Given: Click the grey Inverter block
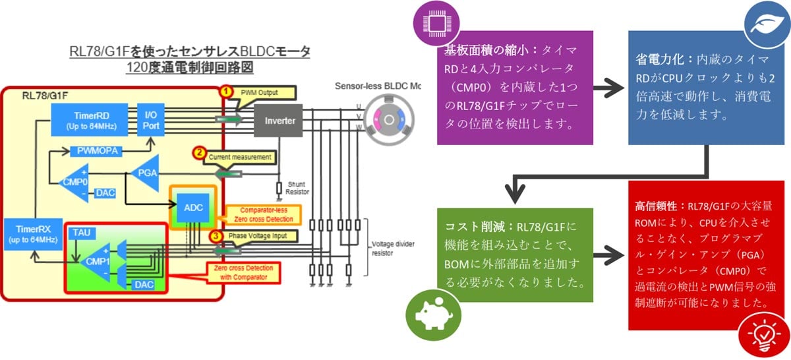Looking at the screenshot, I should (x=279, y=121).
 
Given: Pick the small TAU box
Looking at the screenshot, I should (x=82, y=232).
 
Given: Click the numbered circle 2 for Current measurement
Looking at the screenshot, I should (x=198, y=154).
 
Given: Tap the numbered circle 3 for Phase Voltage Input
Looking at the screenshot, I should (x=216, y=235).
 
